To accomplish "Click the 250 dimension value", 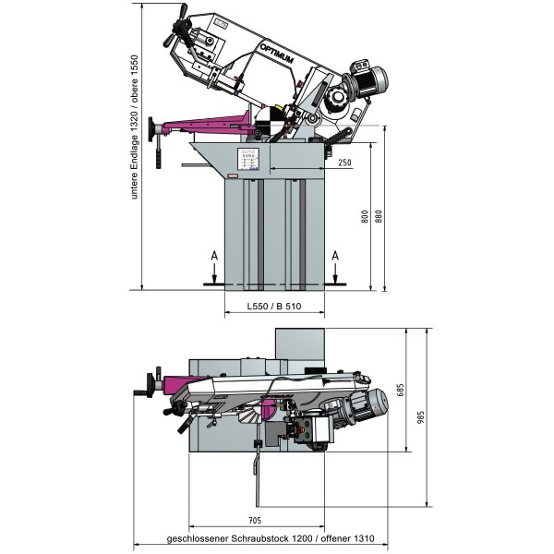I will point(343,163).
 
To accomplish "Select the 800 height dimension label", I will point(366,218).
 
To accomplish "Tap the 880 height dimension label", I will point(379,218).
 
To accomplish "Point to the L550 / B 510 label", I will point(275,307).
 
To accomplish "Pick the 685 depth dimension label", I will point(401,390).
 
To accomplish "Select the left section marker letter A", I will point(214,256).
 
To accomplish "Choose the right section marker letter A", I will point(335,256).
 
